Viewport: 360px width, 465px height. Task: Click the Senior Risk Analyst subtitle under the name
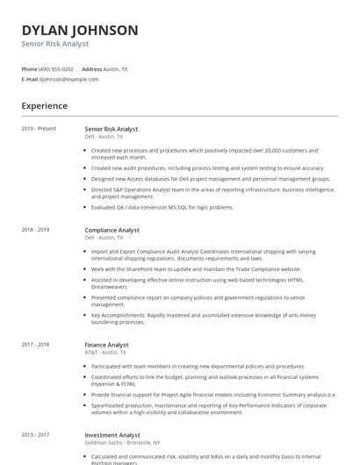point(55,44)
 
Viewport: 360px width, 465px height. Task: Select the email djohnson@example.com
point(68,79)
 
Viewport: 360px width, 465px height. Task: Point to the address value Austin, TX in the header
point(116,68)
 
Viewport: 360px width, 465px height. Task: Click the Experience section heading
point(44,106)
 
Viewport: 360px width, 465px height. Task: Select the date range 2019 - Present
point(39,129)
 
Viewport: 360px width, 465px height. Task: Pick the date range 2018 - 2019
point(35,230)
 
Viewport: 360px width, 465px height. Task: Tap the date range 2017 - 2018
point(35,346)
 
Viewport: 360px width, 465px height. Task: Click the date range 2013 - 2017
point(35,435)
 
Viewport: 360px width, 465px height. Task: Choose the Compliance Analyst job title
point(112,230)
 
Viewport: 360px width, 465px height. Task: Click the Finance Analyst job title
point(106,346)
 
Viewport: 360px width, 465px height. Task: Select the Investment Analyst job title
point(112,435)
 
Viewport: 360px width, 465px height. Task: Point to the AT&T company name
point(90,353)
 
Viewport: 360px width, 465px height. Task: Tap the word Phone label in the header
point(29,68)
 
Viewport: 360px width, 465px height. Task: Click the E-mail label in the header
point(29,79)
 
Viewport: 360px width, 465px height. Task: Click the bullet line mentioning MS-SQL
point(162,207)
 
